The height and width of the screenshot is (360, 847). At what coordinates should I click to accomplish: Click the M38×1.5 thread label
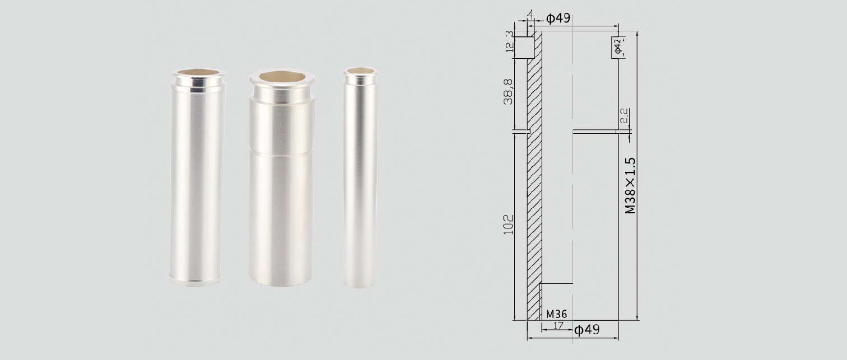[x=631, y=185]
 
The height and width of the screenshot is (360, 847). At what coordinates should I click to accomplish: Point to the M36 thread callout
[x=556, y=315]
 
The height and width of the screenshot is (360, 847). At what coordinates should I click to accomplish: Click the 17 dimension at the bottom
[x=558, y=325]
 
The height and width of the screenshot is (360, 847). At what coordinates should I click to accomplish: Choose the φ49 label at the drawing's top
[x=558, y=18]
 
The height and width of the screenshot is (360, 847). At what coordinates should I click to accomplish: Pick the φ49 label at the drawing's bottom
[x=587, y=330]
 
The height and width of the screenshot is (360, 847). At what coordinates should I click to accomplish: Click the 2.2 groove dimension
[x=625, y=116]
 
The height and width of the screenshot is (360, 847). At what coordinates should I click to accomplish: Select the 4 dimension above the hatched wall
[x=530, y=12]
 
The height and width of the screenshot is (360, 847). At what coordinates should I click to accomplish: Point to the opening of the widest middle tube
[x=281, y=77]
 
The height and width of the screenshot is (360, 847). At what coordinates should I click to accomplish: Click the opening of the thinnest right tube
[x=360, y=71]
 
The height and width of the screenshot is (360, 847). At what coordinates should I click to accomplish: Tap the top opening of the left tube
[x=198, y=72]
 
